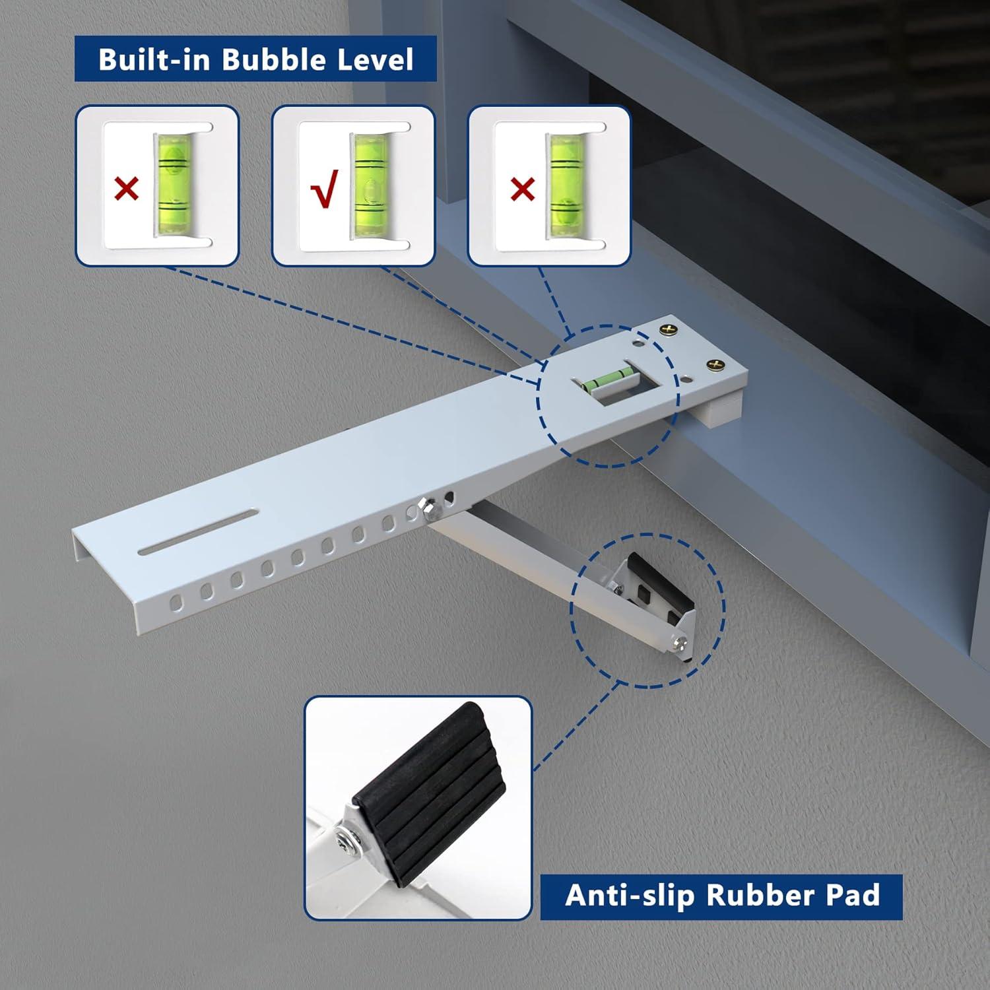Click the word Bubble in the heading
tap(275, 59)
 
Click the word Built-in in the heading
tap(155, 59)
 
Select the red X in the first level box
tap(126, 189)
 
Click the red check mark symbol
tap(324, 189)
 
